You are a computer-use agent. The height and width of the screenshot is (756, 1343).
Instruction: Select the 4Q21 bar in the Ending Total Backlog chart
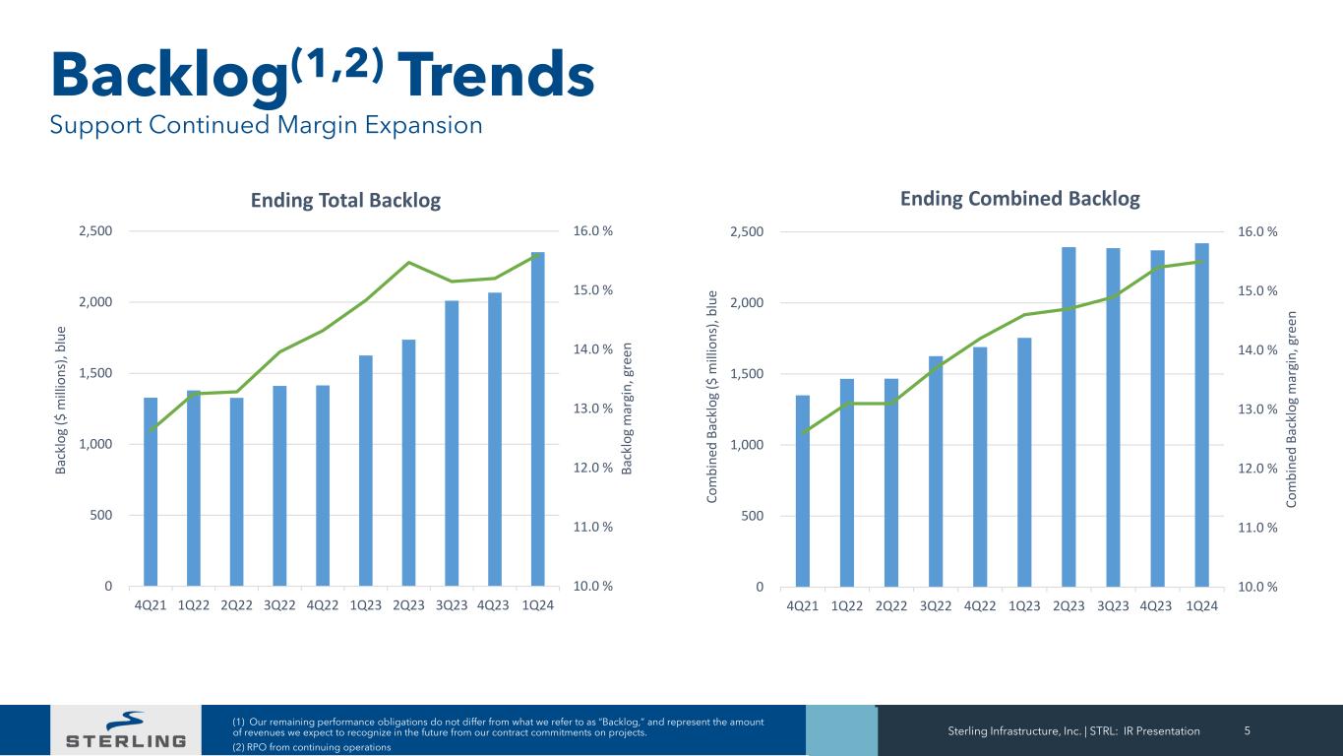pos(151,492)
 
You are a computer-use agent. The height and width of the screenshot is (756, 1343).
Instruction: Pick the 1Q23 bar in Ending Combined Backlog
pos(1024,462)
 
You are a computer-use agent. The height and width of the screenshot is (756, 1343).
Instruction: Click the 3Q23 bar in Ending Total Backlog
pos(452,443)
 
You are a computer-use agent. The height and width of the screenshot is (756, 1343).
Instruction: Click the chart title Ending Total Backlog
pos(345,201)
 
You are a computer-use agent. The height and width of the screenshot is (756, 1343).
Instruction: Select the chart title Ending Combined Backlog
pos(1020,199)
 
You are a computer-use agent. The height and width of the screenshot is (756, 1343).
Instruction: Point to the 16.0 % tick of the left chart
pos(592,232)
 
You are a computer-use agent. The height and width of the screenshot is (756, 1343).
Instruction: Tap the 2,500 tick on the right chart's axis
pos(747,232)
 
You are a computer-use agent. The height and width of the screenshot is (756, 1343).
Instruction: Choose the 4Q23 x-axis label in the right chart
pos(1156,605)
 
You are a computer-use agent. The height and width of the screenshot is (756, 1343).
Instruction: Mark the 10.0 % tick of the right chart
pos(1257,588)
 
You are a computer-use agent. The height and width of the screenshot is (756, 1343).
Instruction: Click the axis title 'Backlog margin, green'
pos(628,408)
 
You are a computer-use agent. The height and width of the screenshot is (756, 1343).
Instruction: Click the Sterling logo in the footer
pos(125,730)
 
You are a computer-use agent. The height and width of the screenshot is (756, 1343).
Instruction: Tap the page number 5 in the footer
pos(1247,731)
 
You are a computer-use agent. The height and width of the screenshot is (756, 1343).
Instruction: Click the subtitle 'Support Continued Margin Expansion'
pos(266,126)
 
